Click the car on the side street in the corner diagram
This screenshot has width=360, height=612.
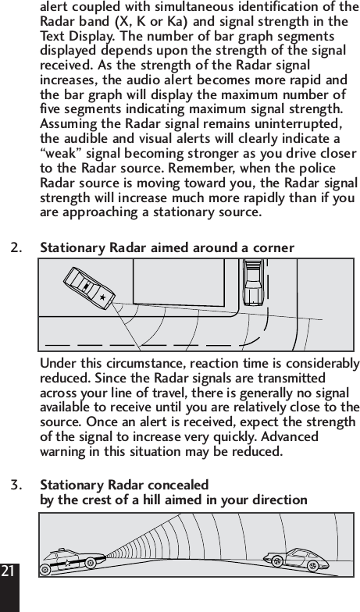[x=253, y=283]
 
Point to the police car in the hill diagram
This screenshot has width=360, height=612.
[x=71, y=561]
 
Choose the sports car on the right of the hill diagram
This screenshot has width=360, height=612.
[x=294, y=557]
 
